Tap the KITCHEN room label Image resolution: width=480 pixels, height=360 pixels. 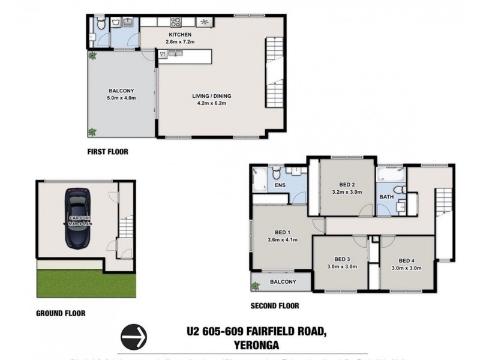[x=179, y=34]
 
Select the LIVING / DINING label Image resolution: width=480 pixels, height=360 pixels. [x=211, y=96]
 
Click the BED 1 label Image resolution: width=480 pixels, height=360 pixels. [x=282, y=233]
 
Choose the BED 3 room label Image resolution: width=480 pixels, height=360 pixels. [x=341, y=260]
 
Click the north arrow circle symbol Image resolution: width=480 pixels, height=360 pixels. [x=134, y=337]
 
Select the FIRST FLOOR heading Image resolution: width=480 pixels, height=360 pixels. [x=107, y=152]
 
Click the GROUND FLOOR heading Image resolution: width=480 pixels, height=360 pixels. [x=61, y=313]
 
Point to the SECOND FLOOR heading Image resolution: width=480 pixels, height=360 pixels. [x=274, y=306]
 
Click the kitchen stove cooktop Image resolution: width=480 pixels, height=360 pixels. [x=176, y=22]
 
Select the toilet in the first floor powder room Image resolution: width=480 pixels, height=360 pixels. [x=101, y=25]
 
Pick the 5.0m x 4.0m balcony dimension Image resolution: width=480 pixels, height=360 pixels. [x=122, y=98]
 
